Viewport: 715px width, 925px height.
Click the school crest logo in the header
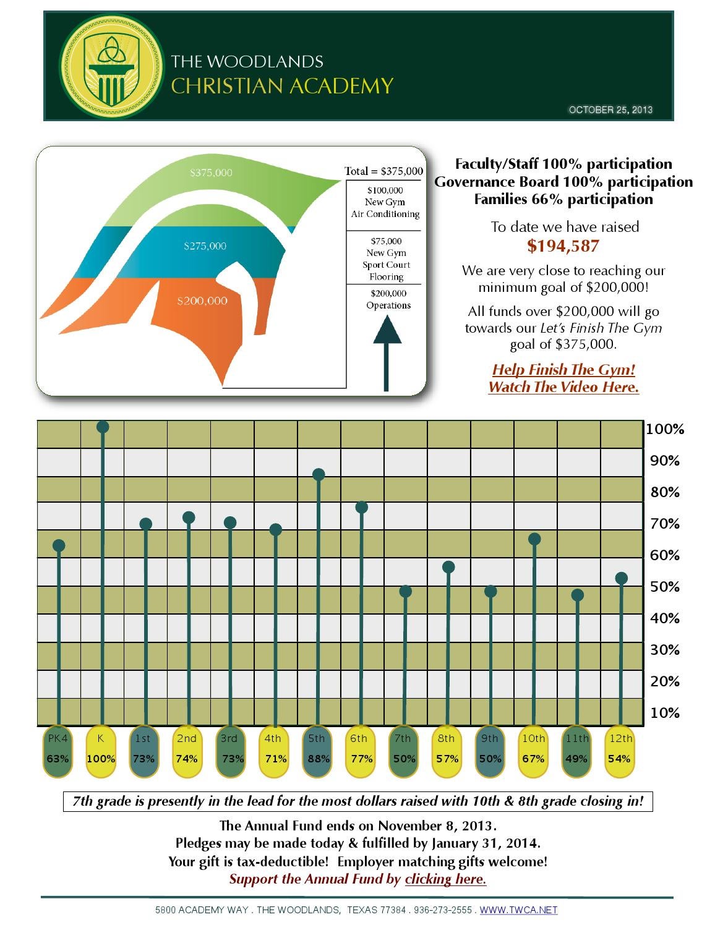[x=112, y=66]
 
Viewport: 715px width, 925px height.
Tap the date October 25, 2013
[x=610, y=110]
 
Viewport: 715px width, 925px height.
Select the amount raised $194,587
[x=563, y=246]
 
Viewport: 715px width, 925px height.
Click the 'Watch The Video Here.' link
[x=563, y=387]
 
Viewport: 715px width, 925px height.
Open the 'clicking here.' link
[x=445, y=879]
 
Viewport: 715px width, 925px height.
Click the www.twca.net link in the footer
[x=518, y=910]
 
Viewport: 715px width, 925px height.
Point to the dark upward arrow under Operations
[x=387, y=352]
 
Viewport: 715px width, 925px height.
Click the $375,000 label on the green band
[x=211, y=173]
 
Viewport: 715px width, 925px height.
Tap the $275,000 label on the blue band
[x=205, y=246]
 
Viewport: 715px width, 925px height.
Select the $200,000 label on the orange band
[x=202, y=301]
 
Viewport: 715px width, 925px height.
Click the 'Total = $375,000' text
[x=383, y=171]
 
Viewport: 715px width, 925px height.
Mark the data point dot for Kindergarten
[x=103, y=427]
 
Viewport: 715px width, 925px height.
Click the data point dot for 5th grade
[x=319, y=474]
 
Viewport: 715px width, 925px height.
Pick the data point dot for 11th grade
[x=578, y=595]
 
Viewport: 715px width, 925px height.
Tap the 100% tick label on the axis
[x=665, y=429]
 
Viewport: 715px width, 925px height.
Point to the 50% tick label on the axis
[x=664, y=586]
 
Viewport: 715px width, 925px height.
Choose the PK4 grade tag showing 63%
[x=58, y=749]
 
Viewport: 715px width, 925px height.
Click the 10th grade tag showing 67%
[x=533, y=749]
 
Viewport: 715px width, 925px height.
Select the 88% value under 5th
[x=318, y=759]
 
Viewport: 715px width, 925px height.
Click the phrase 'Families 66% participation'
[x=563, y=199]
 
